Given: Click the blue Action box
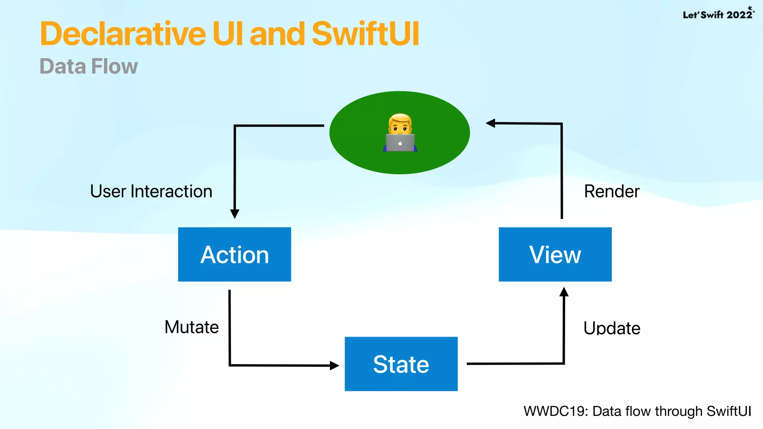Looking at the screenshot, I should [234, 254].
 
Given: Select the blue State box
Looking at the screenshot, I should [401, 364].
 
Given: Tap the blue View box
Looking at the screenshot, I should [555, 254].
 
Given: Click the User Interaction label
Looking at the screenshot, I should [151, 191].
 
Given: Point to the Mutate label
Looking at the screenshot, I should [191, 327].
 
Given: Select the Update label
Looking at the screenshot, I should [612, 328].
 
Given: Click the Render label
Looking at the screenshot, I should [611, 191].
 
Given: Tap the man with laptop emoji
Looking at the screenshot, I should [400, 132].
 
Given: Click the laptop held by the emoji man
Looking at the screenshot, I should [400, 143].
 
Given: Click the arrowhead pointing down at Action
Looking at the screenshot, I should [235, 214].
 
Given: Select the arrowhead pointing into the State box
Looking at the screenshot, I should [334, 365].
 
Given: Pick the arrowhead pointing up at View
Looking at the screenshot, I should [564, 292].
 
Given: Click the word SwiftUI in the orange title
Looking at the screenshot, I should [365, 34].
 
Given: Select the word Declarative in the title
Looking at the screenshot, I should [123, 34].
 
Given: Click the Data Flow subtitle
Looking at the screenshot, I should [89, 66].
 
